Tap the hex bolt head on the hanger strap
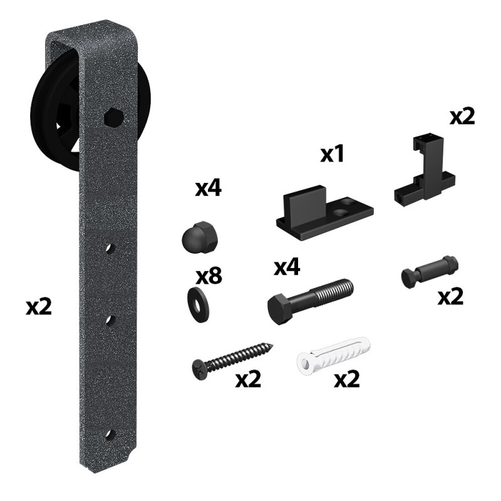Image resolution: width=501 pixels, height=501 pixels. coord(114,117)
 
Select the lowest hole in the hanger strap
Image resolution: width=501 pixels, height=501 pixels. coord(111,435)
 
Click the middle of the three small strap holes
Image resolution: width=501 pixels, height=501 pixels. coord(111,321)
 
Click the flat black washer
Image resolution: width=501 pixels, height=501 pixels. coord(197,305)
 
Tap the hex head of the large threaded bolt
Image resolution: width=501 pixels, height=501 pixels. coord(279,309)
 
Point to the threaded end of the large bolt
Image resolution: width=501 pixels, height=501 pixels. coord(334,290)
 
